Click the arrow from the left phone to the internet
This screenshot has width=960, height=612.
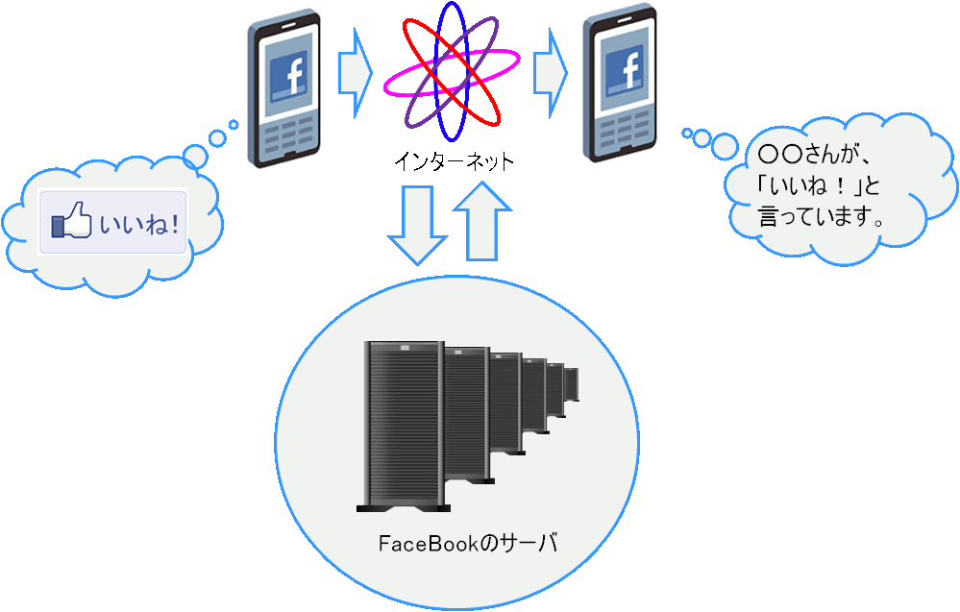coord(356,73)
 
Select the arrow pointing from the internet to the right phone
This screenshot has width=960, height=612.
coord(551,73)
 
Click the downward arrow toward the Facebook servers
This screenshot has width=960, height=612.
coord(418,225)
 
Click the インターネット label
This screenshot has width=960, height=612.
coord(454,161)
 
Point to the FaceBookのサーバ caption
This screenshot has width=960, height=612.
coord(468,543)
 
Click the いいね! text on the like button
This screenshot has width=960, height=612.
coord(139,224)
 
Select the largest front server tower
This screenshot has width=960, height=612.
coord(404,427)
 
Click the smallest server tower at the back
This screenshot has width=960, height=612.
coord(571,384)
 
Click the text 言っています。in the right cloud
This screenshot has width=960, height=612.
coord(821,216)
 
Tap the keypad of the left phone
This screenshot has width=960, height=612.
coord(288,135)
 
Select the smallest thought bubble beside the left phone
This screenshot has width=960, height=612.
coord(234,125)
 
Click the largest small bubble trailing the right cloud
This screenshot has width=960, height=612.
coord(725,147)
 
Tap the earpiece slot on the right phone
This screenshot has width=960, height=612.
coord(625,20)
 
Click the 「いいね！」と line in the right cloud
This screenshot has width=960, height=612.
coord(819,185)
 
